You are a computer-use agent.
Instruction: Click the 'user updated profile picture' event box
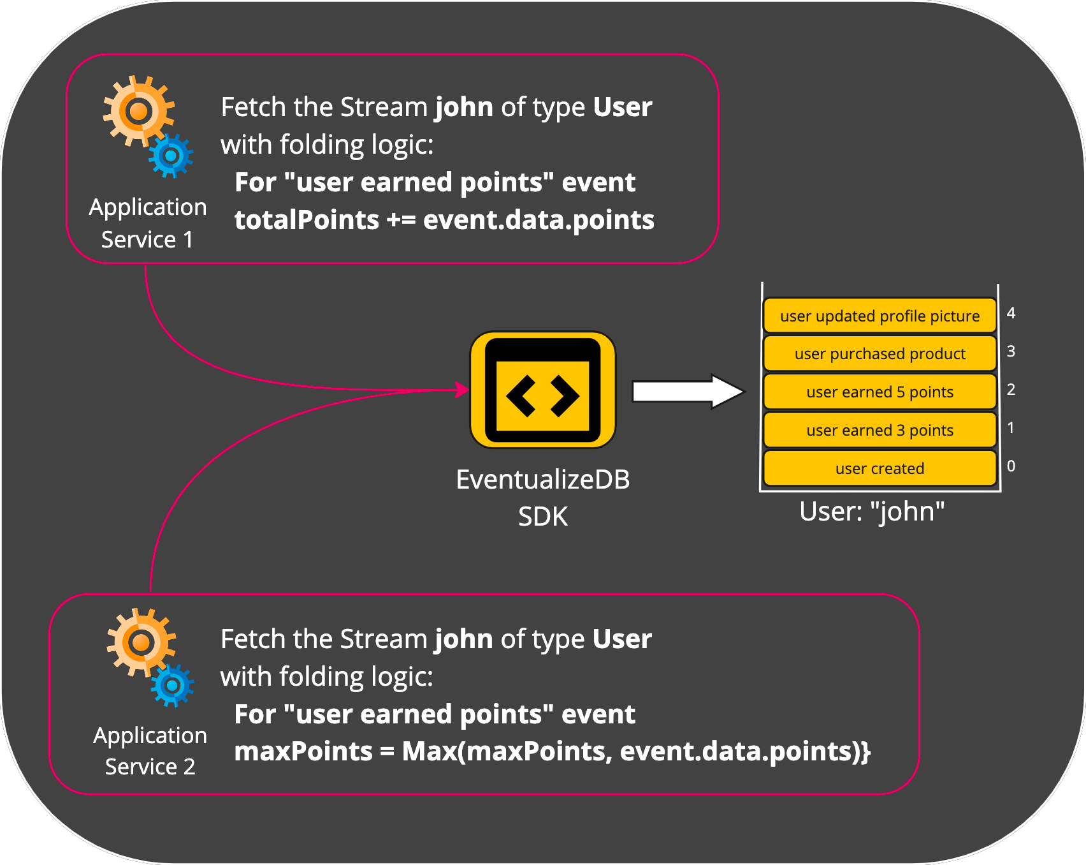[880, 316]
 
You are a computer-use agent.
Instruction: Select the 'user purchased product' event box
[880, 353]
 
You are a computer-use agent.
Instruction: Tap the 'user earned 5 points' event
[880, 392]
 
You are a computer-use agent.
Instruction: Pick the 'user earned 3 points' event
[880, 430]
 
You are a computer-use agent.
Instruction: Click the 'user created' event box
[880, 468]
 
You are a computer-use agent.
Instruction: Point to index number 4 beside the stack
[1011, 313]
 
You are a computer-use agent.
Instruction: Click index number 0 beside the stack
[1011, 466]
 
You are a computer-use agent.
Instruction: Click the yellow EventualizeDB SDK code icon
[543, 390]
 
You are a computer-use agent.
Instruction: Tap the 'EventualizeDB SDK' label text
[543, 498]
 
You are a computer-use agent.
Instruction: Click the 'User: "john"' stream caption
[872, 512]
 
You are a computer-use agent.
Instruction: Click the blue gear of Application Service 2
[172, 686]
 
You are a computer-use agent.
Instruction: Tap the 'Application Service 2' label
[150, 751]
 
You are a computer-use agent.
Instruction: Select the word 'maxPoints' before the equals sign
[303, 751]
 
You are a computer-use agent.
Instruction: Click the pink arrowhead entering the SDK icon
[463, 389]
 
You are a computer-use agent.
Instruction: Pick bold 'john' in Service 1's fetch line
[464, 107]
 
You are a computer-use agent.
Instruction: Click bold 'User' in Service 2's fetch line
[622, 639]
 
